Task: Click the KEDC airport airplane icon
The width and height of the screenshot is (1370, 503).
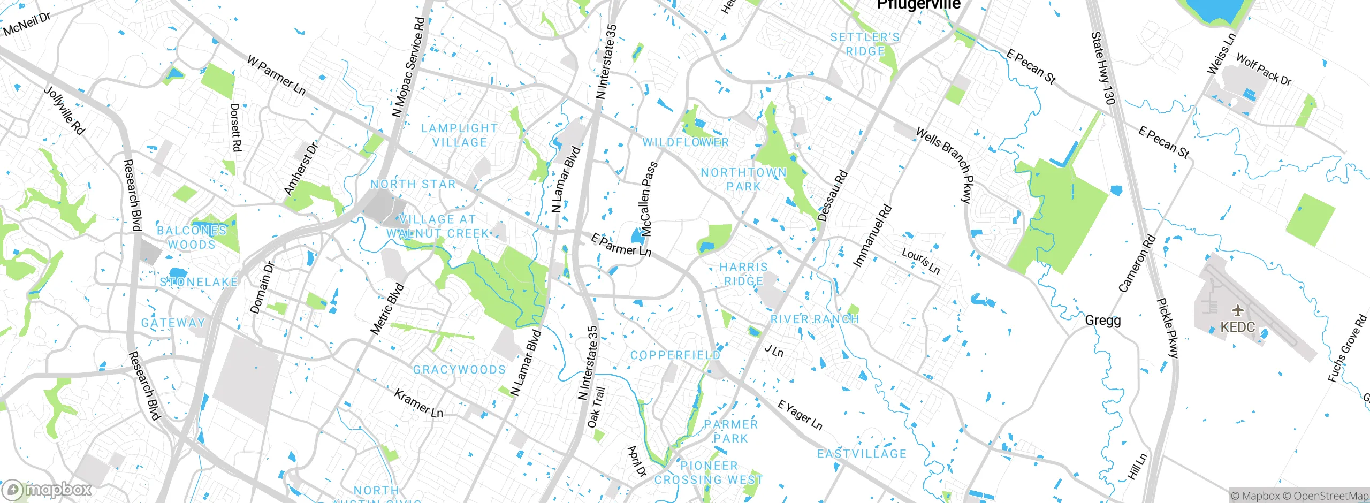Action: coord(1237,310)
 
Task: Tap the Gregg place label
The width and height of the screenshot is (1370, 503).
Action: coord(1102,321)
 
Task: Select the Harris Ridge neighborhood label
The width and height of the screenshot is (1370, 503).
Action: coord(743,274)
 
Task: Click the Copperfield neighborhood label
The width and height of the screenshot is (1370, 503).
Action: coord(675,355)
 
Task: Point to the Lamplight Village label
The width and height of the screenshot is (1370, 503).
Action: coord(460,135)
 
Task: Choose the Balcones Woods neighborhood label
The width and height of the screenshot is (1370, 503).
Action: coord(192,238)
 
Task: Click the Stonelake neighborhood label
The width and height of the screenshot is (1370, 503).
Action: coord(199,282)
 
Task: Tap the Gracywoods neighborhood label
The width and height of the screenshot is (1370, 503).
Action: coord(459,370)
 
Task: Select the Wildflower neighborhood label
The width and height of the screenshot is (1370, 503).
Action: coord(686,142)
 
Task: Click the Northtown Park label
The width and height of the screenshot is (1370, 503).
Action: coord(743,179)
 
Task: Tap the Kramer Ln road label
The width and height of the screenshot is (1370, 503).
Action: coord(418,403)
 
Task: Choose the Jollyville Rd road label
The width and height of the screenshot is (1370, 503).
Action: coord(64,110)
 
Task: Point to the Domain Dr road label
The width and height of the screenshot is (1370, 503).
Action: coord(262,287)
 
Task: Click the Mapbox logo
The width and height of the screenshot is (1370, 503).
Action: coord(47,489)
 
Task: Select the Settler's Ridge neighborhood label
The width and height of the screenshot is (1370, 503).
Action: coord(865,44)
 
